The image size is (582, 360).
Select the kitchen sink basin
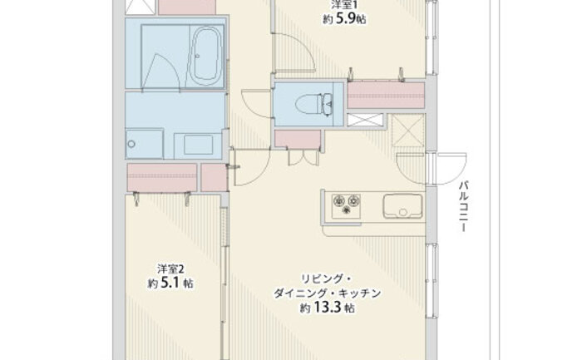click(x=402, y=206)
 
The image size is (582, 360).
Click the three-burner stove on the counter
click(x=346, y=206)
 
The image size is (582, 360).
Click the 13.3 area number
click(x=328, y=308)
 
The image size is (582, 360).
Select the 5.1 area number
click(x=170, y=284)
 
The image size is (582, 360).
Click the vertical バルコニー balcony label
click(x=463, y=206)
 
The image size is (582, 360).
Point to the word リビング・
click(x=326, y=279)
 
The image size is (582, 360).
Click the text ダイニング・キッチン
click(x=327, y=293)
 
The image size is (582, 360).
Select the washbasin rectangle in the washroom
click(x=199, y=145)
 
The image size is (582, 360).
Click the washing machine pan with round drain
click(x=145, y=144)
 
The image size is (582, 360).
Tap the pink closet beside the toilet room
click(x=386, y=96)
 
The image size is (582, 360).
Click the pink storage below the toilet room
click(x=298, y=139)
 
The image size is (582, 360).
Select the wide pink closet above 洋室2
click(x=162, y=177)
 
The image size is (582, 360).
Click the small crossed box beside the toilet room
click(x=365, y=120)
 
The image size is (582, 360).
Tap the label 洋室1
click(x=344, y=5)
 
